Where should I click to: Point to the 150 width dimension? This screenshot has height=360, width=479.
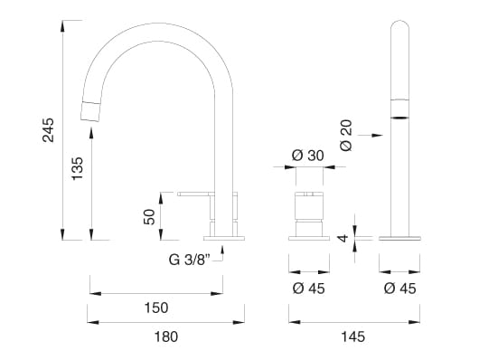click(x=155, y=308)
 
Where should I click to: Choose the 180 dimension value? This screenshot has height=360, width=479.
click(x=166, y=337)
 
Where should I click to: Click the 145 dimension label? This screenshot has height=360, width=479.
click(x=352, y=337)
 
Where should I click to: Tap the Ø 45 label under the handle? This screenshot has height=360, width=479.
click(x=308, y=289)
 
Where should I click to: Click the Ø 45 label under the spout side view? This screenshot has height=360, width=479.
click(x=399, y=289)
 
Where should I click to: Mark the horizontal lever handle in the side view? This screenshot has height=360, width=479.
click(x=195, y=193)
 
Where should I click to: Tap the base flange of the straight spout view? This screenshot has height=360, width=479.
click(x=399, y=238)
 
